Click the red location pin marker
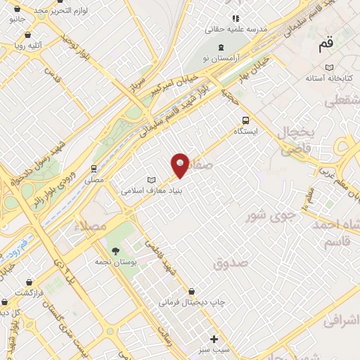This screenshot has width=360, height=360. pyautogui.click(x=181, y=165)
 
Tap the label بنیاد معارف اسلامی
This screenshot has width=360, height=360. pyautogui.click(x=153, y=190)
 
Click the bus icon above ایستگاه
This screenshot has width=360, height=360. pyautogui.click(x=245, y=120)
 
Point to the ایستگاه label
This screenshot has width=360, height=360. pyautogui.click(x=246, y=131)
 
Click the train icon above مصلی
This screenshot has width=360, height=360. pyautogui.click(x=94, y=169)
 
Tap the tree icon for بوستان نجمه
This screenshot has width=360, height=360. pyautogui.click(x=115, y=250)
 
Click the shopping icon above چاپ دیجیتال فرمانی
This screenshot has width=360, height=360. pyautogui.click(x=191, y=292)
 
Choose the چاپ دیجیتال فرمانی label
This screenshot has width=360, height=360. pyautogui.click(x=192, y=303)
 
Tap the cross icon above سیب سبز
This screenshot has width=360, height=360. pyautogui.click(x=214, y=338)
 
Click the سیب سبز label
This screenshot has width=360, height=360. pyautogui.click(x=214, y=349)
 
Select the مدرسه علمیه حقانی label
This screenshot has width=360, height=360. pyautogui.click(x=229, y=30)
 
